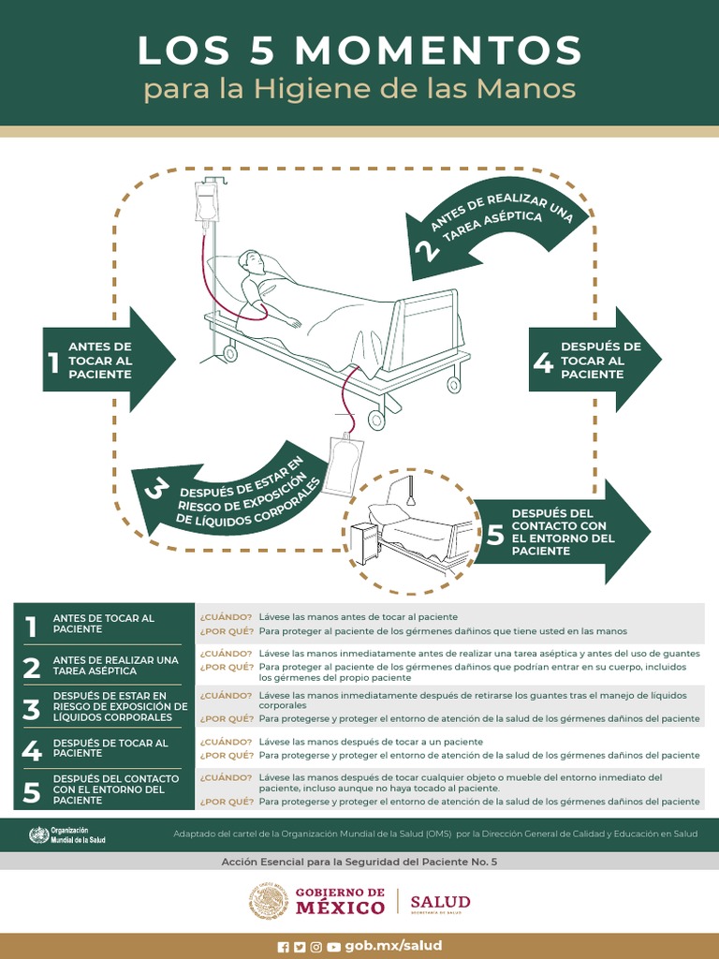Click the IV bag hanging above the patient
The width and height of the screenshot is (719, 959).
206,201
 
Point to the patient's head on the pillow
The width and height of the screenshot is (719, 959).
251,261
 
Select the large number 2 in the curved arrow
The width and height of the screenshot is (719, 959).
425,250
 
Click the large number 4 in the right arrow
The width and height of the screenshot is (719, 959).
543,361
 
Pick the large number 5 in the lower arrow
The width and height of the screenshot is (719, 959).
496,534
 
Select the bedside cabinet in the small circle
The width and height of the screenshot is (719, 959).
364,543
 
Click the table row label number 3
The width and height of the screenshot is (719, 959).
32,709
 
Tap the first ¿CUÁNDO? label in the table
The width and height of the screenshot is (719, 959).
226,617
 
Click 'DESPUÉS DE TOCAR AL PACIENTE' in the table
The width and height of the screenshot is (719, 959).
110,747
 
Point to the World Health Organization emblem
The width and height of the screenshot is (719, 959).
38,834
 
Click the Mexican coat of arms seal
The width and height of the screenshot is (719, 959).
269,902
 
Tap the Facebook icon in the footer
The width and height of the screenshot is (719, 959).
284,947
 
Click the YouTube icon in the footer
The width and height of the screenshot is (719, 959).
333,947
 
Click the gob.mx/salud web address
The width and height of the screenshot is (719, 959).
393,946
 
